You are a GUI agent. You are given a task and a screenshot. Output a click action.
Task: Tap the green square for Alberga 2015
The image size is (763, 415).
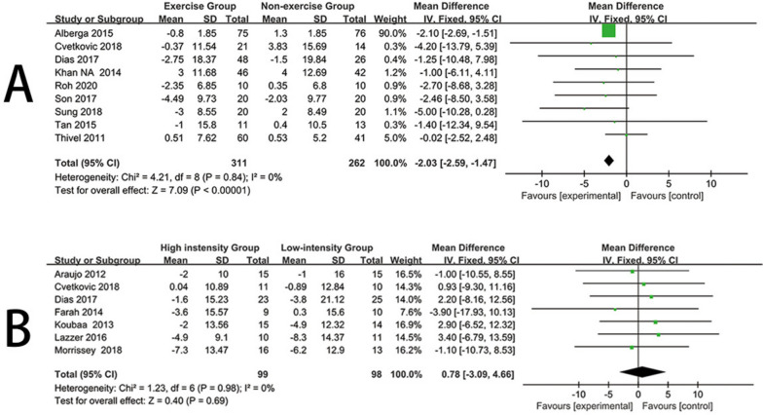point(608,31)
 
